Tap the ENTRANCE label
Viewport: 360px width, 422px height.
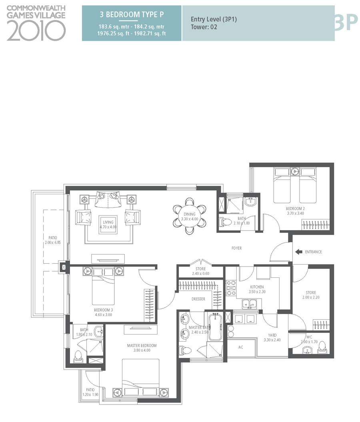(x=313, y=252)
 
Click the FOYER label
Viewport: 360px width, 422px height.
(x=236, y=248)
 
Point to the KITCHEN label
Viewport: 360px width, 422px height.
(x=257, y=287)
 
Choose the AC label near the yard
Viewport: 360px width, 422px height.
(x=240, y=347)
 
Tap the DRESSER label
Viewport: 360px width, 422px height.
(x=198, y=299)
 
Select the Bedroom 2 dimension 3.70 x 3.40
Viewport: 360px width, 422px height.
(x=296, y=213)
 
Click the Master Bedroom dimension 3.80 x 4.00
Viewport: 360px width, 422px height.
(x=142, y=350)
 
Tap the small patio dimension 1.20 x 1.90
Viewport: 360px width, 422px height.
(x=90, y=394)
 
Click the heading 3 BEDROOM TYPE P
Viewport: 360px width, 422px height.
(x=132, y=15)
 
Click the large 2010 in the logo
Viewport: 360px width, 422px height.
(x=36, y=31)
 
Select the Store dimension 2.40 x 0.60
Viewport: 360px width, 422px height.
(x=201, y=274)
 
